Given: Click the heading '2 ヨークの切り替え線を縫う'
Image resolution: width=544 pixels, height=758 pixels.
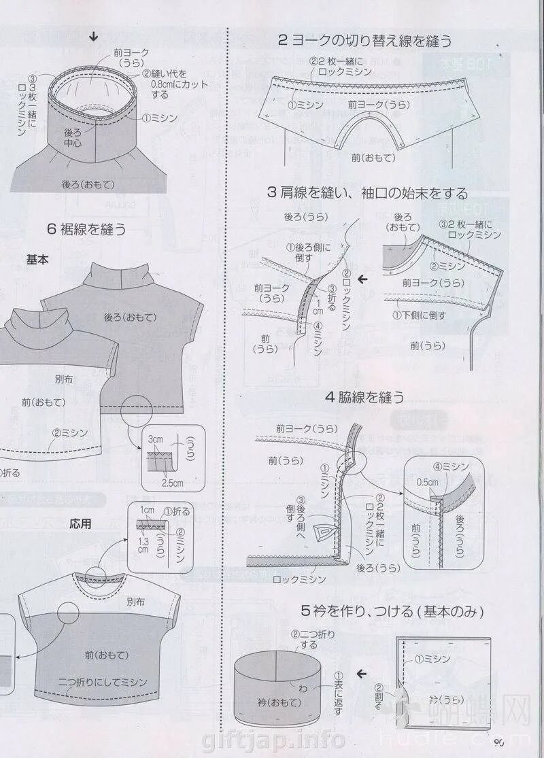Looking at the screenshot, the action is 364,40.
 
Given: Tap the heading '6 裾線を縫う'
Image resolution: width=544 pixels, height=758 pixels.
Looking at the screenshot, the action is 86,229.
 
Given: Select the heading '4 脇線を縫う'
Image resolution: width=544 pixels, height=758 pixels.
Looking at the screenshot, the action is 364,397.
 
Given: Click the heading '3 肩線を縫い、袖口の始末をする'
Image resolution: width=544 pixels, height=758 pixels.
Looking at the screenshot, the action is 367,192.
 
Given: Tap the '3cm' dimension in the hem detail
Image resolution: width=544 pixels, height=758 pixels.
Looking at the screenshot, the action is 156,440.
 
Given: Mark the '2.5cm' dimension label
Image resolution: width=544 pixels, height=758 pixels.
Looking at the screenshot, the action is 172,483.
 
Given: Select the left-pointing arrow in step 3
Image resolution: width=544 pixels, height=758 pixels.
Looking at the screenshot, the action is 363,279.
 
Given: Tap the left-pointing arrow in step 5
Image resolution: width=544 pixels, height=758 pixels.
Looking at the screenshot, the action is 362,674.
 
